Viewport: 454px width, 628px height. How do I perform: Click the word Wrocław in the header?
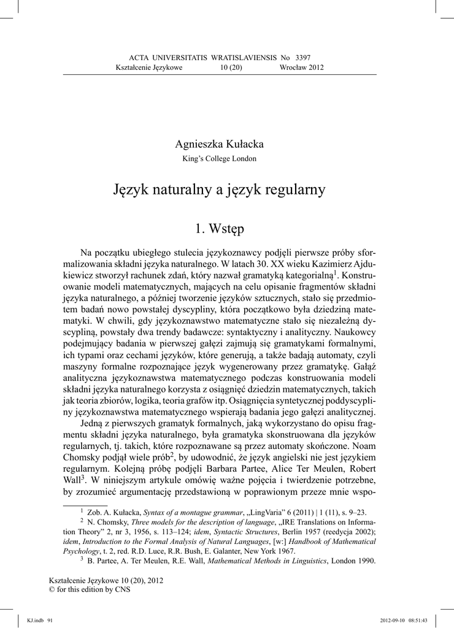[x=293, y=67]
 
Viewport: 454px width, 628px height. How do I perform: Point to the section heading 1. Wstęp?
[x=219, y=229]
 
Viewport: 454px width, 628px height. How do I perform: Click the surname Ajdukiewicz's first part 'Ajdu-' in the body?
[x=361, y=262]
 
